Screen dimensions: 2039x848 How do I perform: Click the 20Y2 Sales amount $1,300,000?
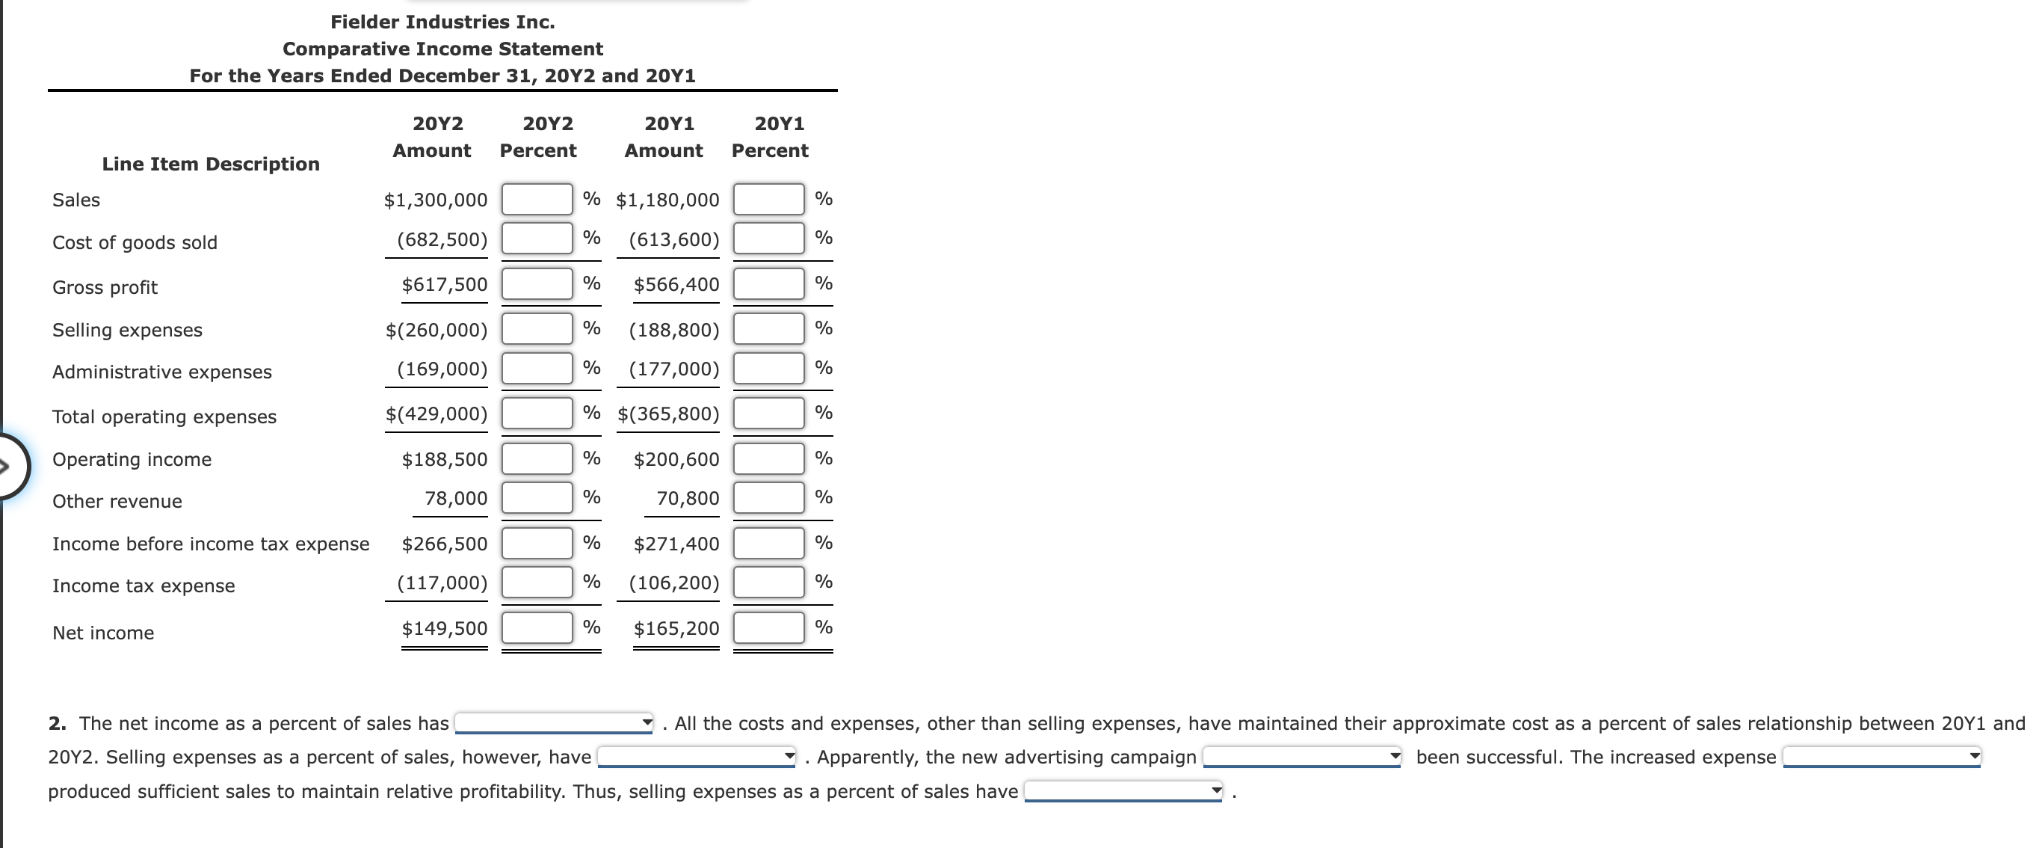point(435,200)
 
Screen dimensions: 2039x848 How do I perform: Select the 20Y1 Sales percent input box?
point(768,199)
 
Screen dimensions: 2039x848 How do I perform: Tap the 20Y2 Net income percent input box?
point(537,628)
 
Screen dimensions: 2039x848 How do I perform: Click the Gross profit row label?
point(105,287)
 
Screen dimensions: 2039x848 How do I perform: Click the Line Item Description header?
point(211,164)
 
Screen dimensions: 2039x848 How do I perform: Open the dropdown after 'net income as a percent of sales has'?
point(554,723)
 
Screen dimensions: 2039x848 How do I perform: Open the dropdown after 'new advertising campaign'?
point(1301,757)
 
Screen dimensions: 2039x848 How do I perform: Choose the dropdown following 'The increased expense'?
point(1881,757)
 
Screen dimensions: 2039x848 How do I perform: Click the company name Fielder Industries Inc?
point(442,22)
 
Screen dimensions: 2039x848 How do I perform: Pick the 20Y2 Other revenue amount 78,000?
point(456,498)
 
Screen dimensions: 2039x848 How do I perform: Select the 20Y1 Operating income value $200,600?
point(676,459)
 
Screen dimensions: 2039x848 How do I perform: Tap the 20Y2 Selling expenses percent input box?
point(537,328)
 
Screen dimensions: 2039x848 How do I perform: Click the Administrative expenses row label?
point(161,372)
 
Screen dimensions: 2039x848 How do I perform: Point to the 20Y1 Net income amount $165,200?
point(676,629)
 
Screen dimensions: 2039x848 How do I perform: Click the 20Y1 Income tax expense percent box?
point(768,582)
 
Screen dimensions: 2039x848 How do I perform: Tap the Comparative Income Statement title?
point(442,49)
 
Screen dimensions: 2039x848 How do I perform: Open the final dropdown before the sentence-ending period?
point(1123,791)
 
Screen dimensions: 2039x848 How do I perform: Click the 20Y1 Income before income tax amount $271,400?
point(676,544)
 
